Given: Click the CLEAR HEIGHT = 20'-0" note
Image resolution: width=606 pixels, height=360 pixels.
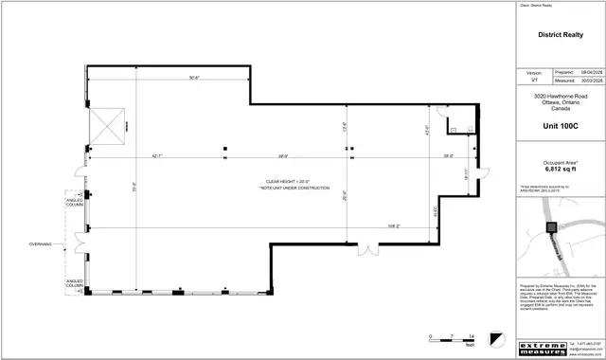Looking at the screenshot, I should click(291, 182).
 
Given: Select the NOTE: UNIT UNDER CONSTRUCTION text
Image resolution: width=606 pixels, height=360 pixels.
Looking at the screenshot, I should click(292, 189).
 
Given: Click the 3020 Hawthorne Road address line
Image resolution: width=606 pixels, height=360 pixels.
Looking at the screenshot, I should click(561, 97).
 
